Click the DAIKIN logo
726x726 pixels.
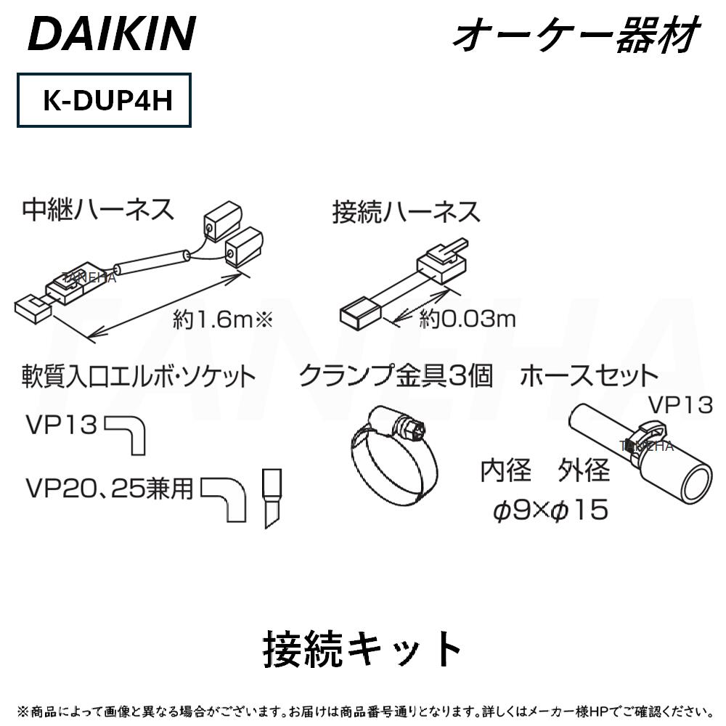click(x=112, y=33)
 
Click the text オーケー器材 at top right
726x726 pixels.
click(x=574, y=35)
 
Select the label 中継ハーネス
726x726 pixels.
click(x=98, y=211)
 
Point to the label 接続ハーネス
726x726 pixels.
click(x=406, y=213)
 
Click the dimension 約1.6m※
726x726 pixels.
click(x=222, y=320)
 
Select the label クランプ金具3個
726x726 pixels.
click(x=396, y=376)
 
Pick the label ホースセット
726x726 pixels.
click(x=589, y=376)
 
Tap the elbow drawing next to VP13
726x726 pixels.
click(x=129, y=433)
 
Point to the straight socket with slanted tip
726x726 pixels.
click(x=272, y=499)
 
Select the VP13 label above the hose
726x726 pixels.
click(x=680, y=404)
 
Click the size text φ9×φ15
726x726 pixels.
click(x=550, y=510)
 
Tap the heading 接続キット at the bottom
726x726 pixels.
click(x=362, y=648)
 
